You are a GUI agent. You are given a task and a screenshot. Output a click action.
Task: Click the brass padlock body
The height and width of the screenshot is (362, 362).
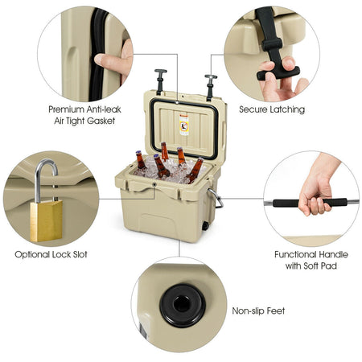(x=46, y=221)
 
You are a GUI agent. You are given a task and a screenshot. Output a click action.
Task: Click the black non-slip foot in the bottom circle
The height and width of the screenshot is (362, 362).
(x=183, y=306)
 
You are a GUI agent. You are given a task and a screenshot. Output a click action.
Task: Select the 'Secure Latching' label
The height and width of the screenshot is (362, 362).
(x=272, y=109)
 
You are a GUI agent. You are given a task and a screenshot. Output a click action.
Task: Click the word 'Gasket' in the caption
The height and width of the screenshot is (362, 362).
(x=101, y=121)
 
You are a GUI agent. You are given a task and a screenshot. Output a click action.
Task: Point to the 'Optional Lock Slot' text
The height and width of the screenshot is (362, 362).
(x=51, y=254)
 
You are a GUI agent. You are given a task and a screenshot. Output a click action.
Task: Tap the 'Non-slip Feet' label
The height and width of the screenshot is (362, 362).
(x=258, y=311)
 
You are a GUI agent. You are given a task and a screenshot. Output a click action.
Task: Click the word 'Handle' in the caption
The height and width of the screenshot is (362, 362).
(x=332, y=254)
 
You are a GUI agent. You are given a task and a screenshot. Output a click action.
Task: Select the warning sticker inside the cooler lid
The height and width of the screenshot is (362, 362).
(x=184, y=125)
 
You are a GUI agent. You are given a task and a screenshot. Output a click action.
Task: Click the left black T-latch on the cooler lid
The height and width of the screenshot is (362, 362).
(x=160, y=81)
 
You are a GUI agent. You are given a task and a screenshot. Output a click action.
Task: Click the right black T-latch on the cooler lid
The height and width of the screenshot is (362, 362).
(x=210, y=87)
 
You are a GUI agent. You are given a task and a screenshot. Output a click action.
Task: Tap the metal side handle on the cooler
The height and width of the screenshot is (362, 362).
(x=216, y=198)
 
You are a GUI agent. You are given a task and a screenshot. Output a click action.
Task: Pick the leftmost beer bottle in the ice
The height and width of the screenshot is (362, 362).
(x=140, y=160)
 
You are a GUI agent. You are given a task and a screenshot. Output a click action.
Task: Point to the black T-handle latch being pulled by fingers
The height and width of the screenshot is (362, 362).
(x=274, y=48)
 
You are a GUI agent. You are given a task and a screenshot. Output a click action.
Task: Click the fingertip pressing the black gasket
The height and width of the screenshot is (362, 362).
(x=100, y=59)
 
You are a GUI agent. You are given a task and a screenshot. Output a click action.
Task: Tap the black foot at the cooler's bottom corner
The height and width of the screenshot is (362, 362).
(x=205, y=226)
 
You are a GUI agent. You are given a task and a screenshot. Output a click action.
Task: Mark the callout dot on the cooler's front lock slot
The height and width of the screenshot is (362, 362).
(x=154, y=184)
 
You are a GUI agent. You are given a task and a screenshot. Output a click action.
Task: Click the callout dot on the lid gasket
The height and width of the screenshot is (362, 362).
(x=177, y=102)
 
